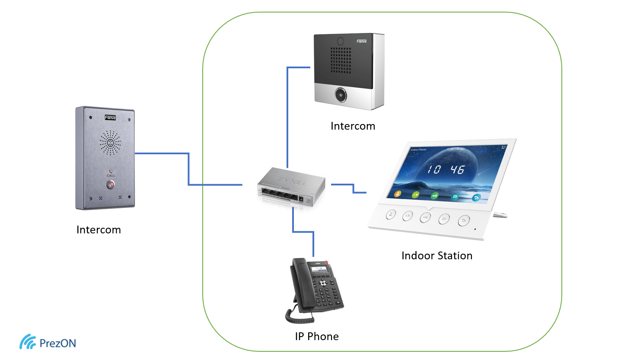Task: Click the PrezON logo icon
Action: (27, 342)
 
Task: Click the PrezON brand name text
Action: (57, 344)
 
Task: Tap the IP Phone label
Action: (316, 337)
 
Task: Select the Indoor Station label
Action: (436, 256)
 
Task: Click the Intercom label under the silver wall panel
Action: (99, 230)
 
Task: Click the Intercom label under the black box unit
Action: (353, 126)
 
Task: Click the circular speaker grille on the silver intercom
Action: (110, 143)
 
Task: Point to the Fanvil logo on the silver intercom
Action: (110, 118)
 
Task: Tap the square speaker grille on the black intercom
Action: (341, 60)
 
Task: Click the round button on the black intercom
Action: (341, 95)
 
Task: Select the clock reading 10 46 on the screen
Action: (445, 169)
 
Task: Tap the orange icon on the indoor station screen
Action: (397, 194)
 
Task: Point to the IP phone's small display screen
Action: (319, 270)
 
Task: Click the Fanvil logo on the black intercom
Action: (361, 41)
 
